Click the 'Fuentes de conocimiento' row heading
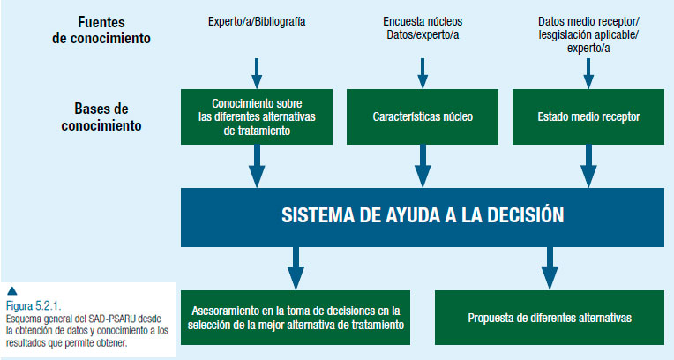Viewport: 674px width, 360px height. (x=101, y=30)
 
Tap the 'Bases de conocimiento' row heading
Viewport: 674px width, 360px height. (x=101, y=117)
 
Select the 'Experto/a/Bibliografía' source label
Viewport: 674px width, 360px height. (x=257, y=21)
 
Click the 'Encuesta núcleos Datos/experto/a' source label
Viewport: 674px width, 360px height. (x=423, y=28)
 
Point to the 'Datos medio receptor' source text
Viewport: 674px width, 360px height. (x=588, y=21)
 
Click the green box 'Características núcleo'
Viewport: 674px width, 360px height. (x=423, y=116)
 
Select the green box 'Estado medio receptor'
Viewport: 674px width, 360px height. (x=588, y=116)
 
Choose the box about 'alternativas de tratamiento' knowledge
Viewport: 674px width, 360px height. (x=257, y=116)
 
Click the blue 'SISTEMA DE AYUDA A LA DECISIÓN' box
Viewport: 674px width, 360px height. (x=423, y=217)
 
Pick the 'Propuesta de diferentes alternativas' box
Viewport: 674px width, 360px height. (x=550, y=318)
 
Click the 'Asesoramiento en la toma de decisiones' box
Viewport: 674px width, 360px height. (x=296, y=318)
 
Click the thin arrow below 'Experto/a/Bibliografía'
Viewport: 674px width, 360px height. (x=257, y=73)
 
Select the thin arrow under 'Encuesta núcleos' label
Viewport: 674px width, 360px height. (x=423, y=73)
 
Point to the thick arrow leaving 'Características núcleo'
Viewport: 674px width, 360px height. (x=423, y=166)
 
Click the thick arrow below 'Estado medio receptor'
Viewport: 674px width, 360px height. (x=588, y=166)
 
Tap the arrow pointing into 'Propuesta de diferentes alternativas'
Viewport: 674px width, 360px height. (x=550, y=268)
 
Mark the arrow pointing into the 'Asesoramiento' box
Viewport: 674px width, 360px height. (x=296, y=268)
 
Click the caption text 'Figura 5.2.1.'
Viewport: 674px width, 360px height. (x=34, y=306)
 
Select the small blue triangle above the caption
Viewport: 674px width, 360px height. (x=12, y=291)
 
